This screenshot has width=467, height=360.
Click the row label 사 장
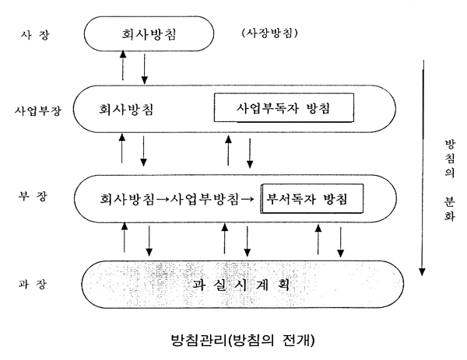pos(35,36)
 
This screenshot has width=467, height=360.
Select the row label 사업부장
pos(38,110)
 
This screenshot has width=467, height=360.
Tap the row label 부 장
pos(33,196)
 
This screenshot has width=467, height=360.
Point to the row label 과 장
pos(33,284)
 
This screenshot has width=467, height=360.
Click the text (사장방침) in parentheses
pos(270,33)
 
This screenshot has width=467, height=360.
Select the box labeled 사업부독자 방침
pos(284,108)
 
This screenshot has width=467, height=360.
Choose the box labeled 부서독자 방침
pos(312,198)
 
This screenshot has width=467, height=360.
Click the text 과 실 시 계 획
pos(241,285)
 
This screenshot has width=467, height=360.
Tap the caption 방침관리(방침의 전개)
pos(243,340)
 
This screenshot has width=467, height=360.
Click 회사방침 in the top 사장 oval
pos(149,34)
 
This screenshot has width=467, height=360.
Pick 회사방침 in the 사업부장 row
pos(126,109)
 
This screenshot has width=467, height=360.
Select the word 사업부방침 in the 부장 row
pos(205,199)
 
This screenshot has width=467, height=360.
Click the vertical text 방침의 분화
pos(450,180)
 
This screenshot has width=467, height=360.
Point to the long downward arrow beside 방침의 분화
pos(423,168)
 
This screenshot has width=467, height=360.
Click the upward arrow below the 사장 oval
pos(122,65)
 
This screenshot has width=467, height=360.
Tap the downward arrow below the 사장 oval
pos(145,68)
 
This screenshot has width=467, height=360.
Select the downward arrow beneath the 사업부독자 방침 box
pos(250,153)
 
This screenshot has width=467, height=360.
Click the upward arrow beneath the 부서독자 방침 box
pos(318,239)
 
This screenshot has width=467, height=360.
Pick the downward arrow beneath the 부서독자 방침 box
pos(340,242)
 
